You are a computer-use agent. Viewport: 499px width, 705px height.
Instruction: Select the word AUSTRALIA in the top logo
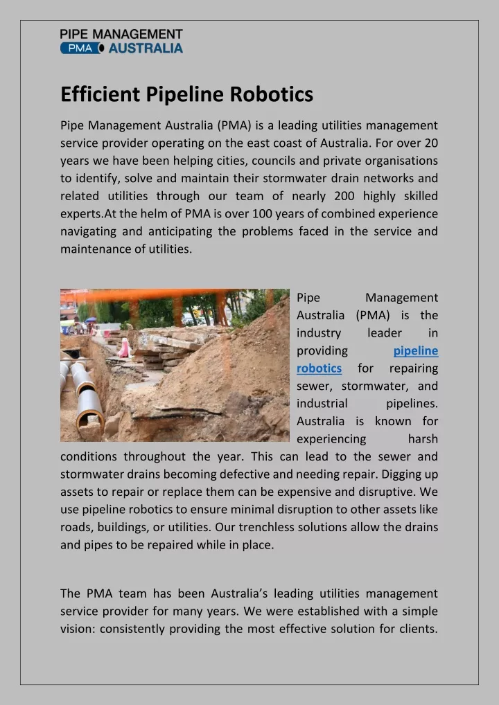[x=146, y=48]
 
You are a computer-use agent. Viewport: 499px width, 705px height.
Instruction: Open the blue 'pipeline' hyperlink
[x=415, y=350]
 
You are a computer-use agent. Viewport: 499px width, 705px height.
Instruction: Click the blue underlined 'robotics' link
[x=319, y=368]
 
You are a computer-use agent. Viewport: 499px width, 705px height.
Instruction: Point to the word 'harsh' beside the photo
[x=423, y=439]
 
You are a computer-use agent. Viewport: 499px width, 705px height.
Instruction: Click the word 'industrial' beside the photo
[x=322, y=403]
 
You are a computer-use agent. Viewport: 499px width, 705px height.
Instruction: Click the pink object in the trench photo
[x=124, y=347]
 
